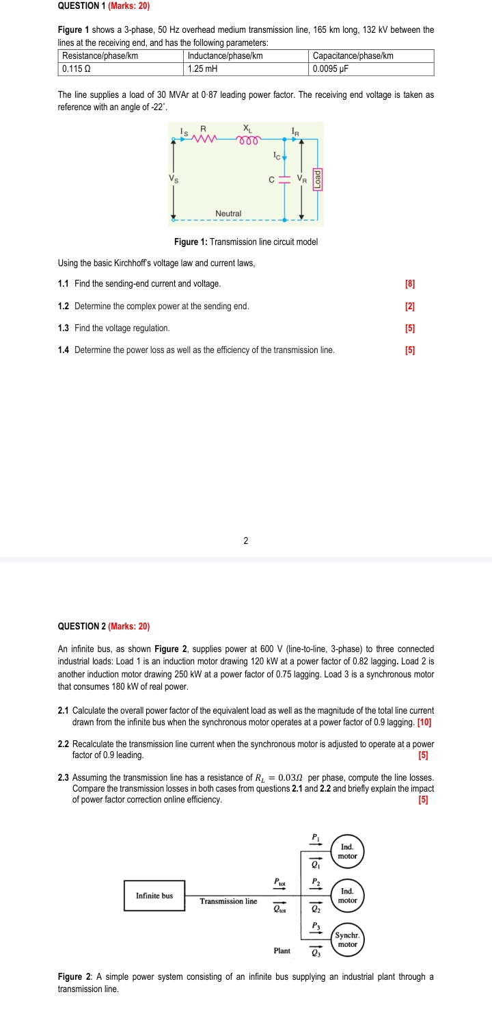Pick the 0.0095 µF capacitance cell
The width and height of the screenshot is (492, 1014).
(x=371, y=69)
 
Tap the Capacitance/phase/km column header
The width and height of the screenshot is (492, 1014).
(x=371, y=56)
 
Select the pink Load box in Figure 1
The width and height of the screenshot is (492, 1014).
(x=316, y=179)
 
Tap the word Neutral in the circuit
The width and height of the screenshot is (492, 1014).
(x=228, y=213)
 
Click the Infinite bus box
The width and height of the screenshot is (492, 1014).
(x=154, y=896)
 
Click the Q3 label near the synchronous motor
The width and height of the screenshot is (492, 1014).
(x=315, y=952)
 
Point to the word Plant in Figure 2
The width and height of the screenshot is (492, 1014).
(x=282, y=951)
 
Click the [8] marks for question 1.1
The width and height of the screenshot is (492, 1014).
(x=410, y=283)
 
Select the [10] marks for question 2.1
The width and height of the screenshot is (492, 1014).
(x=424, y=722)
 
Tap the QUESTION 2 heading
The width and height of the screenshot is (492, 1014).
(x=104, y=626)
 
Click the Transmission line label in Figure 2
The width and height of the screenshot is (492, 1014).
(x=229, y=901)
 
